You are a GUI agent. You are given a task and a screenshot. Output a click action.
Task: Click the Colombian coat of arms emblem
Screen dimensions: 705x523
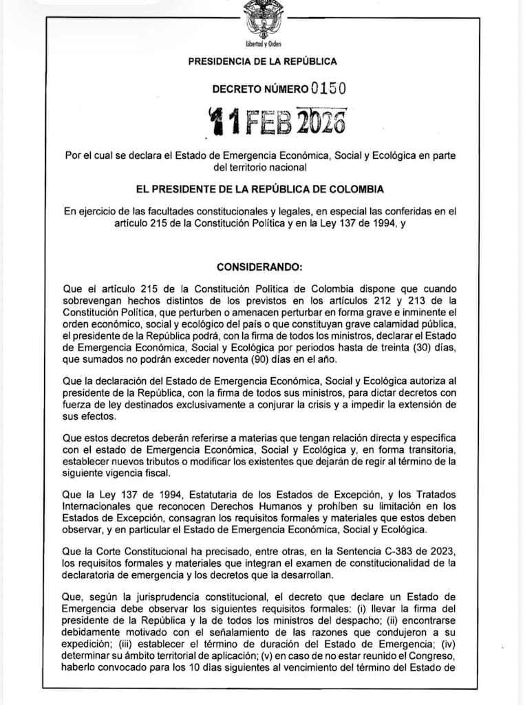[x=263, y=19]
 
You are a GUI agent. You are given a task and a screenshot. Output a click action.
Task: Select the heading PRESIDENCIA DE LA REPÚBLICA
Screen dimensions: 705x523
[x=262, y=62]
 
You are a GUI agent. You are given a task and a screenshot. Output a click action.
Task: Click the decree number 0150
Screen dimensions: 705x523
[x=328, y=88]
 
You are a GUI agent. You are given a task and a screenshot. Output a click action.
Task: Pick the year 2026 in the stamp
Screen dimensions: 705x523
[x=321, y=122]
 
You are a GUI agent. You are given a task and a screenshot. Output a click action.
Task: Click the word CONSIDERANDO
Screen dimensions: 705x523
[x=259, y=266]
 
